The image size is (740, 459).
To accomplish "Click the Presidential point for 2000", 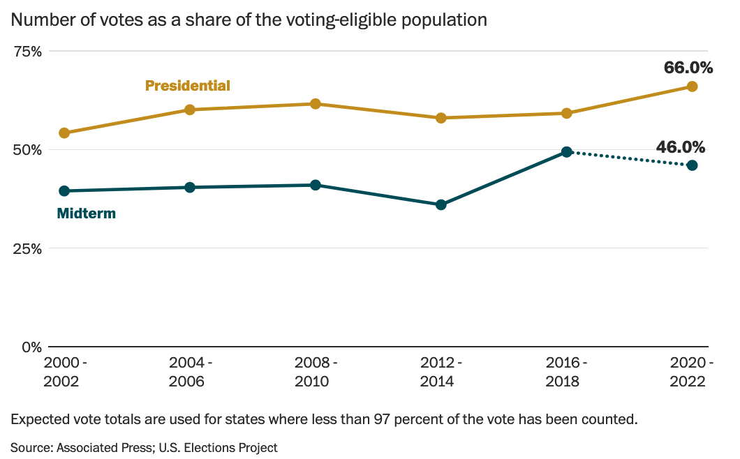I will point(64,133).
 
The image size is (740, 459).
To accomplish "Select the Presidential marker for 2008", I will point(315,104).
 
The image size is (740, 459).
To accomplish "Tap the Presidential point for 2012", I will point(441,118).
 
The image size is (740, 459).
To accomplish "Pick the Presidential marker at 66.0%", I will point(692,86).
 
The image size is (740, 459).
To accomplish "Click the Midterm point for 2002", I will point(64,190).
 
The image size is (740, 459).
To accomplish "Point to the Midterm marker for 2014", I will point(441,204).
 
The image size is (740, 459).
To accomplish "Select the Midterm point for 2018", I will point(567,151).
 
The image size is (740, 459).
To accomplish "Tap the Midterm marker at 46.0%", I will point(692,165).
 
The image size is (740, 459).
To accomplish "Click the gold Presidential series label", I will point(187,86).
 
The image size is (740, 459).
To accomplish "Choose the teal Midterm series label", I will point(86,213).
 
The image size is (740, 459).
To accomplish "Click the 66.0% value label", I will point(688,68).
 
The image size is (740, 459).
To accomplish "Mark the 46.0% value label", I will point(680,146).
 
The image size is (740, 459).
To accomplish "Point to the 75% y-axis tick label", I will point(27,52).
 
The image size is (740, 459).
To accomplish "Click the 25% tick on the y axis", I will point(27,248).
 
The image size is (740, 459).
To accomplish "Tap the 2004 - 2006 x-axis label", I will point(191,372).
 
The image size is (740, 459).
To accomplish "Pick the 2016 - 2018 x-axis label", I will point(566,372).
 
